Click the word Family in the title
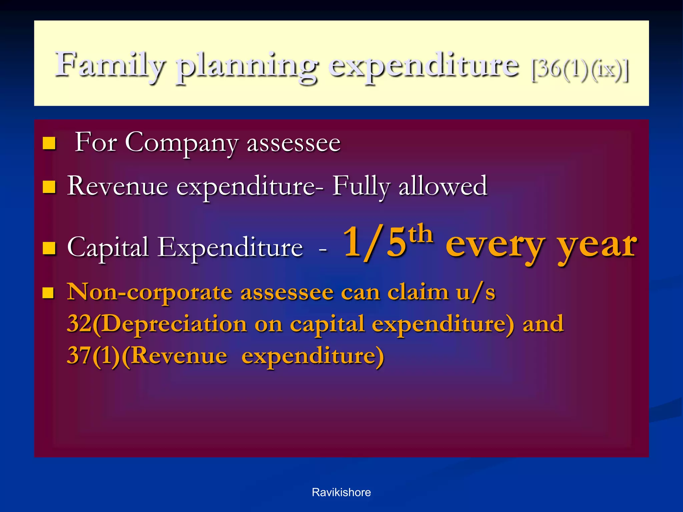(x=110, y=65)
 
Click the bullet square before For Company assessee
(x=49, y=143)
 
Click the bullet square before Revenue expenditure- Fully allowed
(x=49, y=187)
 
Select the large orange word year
(x=597, y=247)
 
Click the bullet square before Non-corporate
(x=49, y=293)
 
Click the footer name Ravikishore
(x=341, y=492)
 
